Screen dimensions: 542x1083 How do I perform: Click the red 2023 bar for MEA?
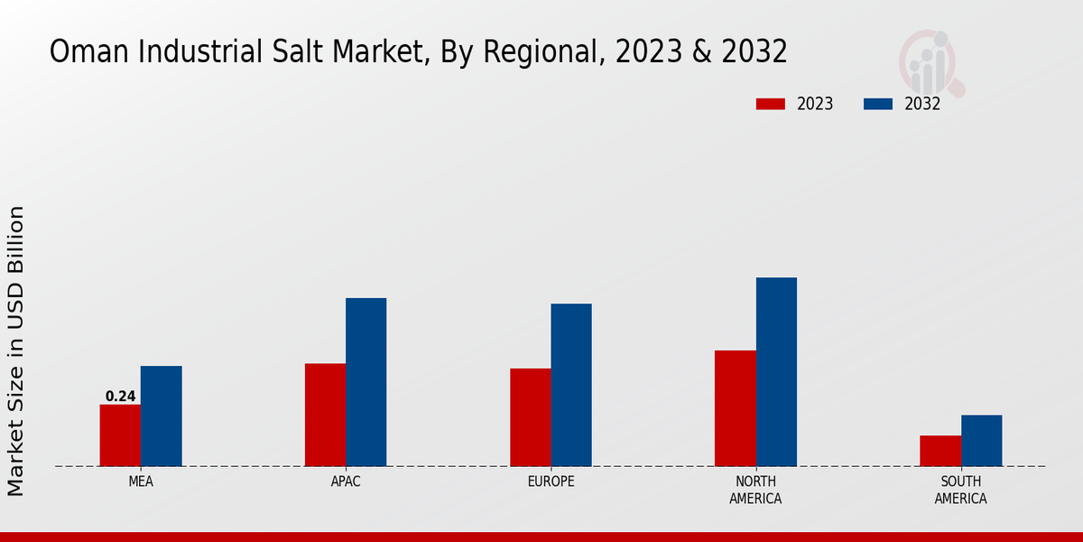(120, 435)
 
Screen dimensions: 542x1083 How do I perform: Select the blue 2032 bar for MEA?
(161, 416)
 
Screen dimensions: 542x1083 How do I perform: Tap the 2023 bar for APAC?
(325, 415)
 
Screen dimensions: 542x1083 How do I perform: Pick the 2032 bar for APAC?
(366, 382)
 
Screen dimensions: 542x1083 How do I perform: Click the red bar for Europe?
(530, 417)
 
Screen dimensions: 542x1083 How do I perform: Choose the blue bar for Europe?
(571, 385)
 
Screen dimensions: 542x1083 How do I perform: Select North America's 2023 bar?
(735, 408)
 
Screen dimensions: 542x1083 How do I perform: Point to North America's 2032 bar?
(776, 372)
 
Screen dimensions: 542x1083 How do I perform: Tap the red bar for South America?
(940, 451)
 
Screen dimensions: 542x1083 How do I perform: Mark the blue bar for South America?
(981, 441)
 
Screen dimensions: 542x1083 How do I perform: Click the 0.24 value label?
(120, 396)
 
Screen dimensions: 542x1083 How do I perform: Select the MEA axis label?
(141, 481)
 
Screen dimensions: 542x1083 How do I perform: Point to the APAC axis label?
(346, 481)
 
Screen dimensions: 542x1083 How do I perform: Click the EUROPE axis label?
(551, 481)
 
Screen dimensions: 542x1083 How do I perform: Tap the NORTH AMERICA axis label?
(755, 490)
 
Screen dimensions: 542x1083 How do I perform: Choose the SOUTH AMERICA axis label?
(960, 490)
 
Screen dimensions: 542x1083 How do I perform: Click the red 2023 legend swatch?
(770, 104)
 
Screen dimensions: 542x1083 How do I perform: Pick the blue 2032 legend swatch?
(877, 104)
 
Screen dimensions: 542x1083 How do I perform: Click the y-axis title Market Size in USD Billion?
(16, 350)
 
